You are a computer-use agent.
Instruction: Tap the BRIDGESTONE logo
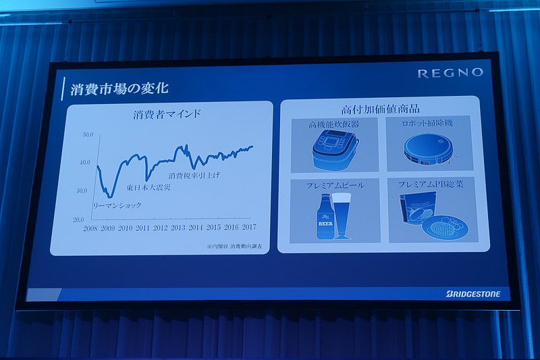click(473, 294)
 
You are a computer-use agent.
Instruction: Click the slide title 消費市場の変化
click(119, 88)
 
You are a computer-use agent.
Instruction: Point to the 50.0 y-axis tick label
click(88, 134)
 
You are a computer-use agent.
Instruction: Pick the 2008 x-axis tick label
click(90, 228)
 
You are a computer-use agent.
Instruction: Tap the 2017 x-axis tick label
click(248, 227)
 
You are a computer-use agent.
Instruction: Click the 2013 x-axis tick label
click(178, 228)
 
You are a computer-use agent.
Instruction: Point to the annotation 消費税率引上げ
click(194, 176)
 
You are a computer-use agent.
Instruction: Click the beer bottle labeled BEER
click(324, 217)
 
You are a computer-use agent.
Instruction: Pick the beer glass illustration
click(343, 214)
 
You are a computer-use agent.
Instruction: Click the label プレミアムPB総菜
click(432, 183)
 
